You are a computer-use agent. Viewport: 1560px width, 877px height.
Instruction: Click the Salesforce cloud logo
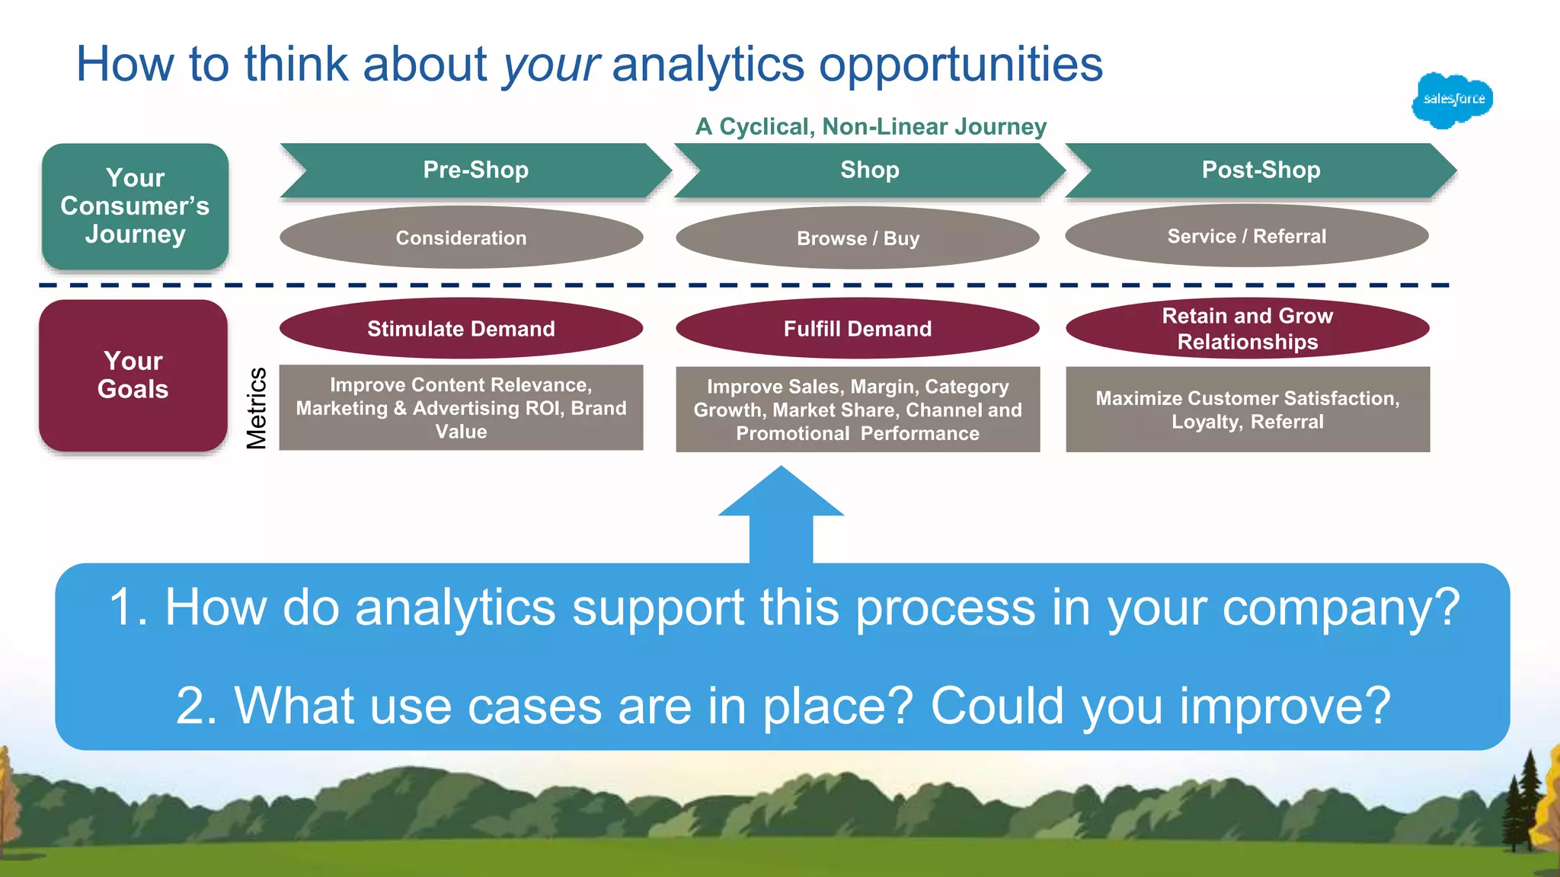click(x=1452, y=100)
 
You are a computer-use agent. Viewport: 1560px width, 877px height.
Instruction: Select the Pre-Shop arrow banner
click(x=475, y=170)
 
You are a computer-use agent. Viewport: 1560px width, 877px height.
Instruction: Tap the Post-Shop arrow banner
click(x=1260, y=170)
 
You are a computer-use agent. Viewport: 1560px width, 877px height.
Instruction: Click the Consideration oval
click(x=461, y=238)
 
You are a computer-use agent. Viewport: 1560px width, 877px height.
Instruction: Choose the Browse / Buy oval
click(x=857, y=238)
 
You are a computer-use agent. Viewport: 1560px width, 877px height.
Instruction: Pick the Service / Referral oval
click(x=1246, y=236)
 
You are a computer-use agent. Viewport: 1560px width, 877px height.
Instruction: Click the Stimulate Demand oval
click(x=461, y=328)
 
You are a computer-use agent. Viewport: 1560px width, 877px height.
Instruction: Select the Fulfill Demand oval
click(x=857, y=328)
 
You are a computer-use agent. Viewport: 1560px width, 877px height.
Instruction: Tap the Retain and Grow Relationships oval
click(x=1247, y=328)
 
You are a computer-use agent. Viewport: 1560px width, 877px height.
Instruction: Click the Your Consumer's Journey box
click(x=135, y=206)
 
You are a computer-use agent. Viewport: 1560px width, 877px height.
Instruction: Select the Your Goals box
click(x=133, y=375)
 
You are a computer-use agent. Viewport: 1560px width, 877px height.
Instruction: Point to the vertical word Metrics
click(x=257, y=408)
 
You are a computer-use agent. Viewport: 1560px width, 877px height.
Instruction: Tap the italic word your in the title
click(x=551, y=64)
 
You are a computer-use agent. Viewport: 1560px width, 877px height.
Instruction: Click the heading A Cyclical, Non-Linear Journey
click(x=871, y=126)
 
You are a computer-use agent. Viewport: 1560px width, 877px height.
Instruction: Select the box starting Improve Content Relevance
click(x=461, y=408)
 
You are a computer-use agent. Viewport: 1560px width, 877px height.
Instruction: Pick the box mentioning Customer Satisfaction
click(x=1247, y=410)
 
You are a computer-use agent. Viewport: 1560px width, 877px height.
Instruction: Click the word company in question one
click(x=1341, y=608)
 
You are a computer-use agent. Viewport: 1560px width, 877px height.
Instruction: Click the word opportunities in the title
click(x=961, y=64)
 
